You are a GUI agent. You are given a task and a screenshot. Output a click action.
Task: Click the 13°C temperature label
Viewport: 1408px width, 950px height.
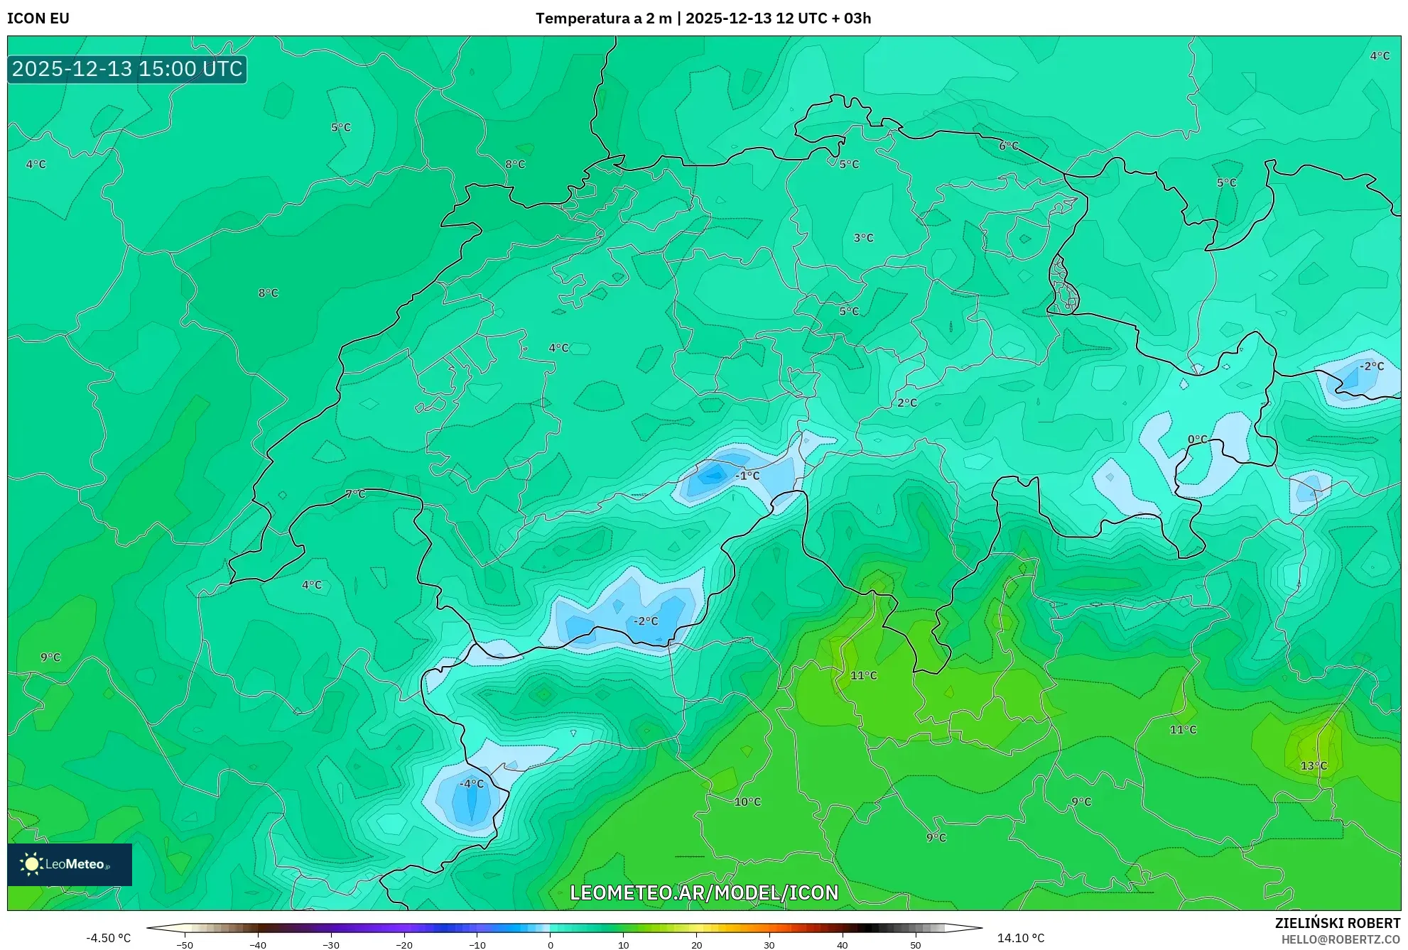point(1314,765)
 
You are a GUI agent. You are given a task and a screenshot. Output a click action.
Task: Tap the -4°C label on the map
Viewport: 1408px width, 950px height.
point(472,784)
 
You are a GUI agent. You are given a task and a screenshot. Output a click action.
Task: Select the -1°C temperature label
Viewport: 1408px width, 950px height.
point(747,476)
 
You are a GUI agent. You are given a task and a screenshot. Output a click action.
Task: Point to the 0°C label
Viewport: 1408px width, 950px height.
point(1198,439)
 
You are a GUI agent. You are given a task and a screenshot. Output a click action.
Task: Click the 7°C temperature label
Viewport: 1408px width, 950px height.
point(355,494)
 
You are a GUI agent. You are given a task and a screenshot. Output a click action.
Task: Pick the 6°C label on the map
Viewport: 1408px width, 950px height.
point(1009,146)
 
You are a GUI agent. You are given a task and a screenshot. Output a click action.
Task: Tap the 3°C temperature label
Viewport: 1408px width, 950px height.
point(863,238)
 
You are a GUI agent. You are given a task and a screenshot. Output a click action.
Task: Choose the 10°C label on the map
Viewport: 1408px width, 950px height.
point(747,802)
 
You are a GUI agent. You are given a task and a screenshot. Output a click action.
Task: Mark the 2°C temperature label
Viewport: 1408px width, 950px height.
point(907,403)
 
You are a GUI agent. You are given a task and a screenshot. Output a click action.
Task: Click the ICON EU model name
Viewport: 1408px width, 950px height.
point(38,18)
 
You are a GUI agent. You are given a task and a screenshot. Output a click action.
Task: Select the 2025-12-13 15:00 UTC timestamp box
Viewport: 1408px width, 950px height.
point(127,69)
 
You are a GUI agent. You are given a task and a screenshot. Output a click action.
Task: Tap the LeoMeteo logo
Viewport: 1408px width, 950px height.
point(70,864)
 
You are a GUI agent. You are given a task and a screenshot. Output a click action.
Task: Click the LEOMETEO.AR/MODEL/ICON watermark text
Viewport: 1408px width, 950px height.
point(704,892)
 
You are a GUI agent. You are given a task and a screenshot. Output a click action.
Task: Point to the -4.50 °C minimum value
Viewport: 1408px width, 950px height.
point(109,938)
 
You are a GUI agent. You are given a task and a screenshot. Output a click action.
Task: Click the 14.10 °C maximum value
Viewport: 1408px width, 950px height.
point(1021,938)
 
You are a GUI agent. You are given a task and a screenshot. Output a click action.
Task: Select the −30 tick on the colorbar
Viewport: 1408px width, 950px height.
point(331,945)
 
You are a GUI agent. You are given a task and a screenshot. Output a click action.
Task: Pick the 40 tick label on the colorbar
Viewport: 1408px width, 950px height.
point(843,945)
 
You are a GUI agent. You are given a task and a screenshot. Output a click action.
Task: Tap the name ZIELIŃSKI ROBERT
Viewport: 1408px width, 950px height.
point(1338,923)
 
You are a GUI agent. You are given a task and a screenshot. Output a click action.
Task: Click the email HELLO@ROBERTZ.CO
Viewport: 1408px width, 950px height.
point(1341,939)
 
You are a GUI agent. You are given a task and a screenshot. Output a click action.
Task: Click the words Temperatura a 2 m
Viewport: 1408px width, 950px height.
point(603,18)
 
